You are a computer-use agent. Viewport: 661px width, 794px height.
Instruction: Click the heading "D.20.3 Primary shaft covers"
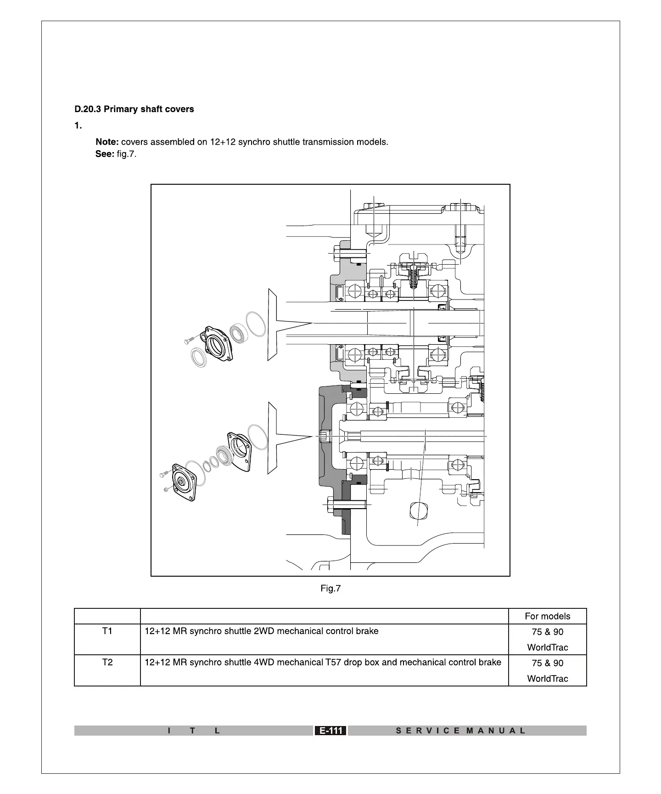click(134, 109)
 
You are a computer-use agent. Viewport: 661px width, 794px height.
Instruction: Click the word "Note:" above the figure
click(107, 142)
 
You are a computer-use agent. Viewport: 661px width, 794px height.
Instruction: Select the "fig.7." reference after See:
click(127, 154)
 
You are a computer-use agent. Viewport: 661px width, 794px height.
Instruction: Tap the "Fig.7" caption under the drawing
click(330, 589)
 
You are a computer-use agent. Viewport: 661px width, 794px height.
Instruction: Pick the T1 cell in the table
click(107, 631)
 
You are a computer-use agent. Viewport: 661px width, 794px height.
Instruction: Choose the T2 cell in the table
click(107, 663)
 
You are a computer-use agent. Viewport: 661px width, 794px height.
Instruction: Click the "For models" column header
click(547, 617)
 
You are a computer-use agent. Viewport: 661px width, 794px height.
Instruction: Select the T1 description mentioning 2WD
click(262, 631)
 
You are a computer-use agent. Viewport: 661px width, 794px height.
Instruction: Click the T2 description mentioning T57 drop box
click(323, 663)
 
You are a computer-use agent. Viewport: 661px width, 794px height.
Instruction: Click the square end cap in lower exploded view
click(184, 482)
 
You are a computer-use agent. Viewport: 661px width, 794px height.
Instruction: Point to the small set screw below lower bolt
click(166, 490)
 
